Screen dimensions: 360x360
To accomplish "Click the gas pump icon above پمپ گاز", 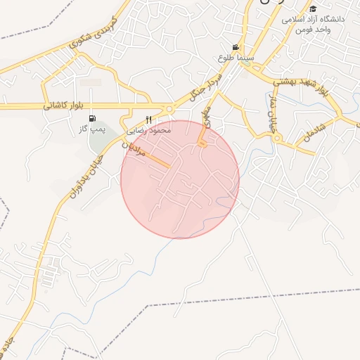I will (94, 119).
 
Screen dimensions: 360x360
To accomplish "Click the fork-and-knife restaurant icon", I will (148, 120).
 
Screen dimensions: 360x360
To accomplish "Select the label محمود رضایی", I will (148, 131).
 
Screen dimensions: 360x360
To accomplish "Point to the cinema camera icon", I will (236, 47).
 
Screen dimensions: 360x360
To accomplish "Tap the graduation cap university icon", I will (313, 8).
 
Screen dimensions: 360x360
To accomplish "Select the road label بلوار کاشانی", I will (63, 105).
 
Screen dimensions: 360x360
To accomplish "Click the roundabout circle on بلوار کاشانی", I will (169, 109).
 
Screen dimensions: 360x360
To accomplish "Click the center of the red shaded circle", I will (180, 179).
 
